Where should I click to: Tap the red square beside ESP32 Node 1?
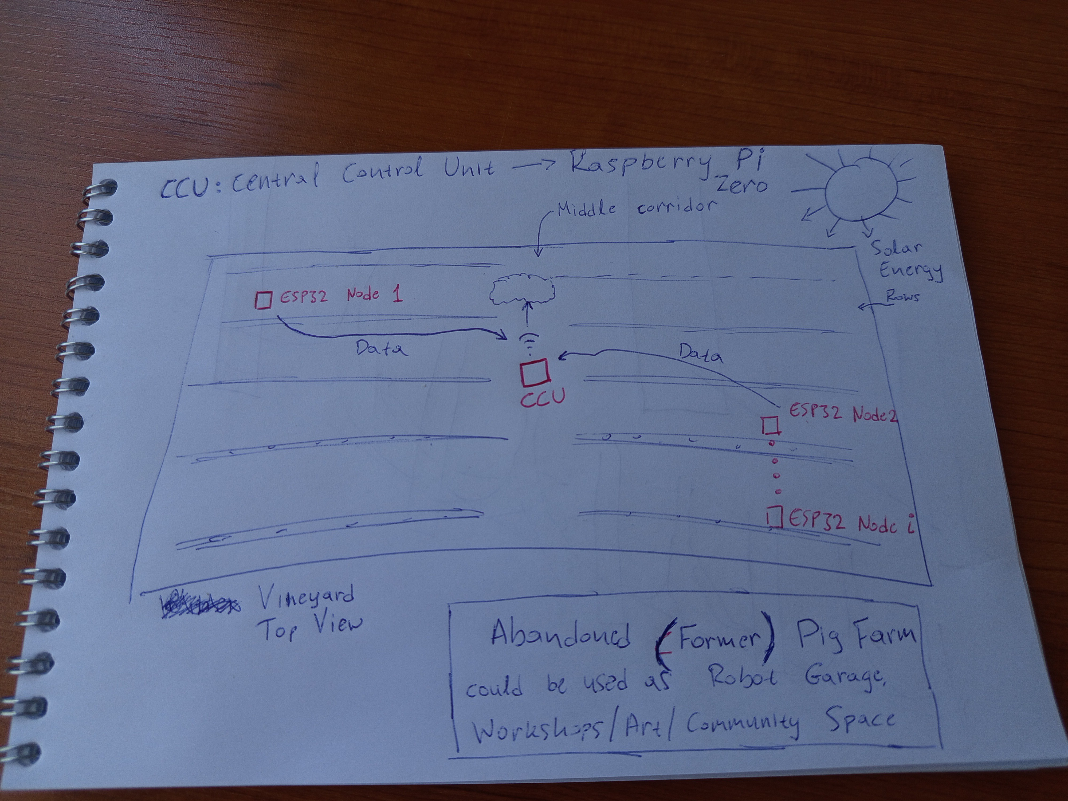coord(264,299)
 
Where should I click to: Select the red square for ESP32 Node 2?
coord(771,426)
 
